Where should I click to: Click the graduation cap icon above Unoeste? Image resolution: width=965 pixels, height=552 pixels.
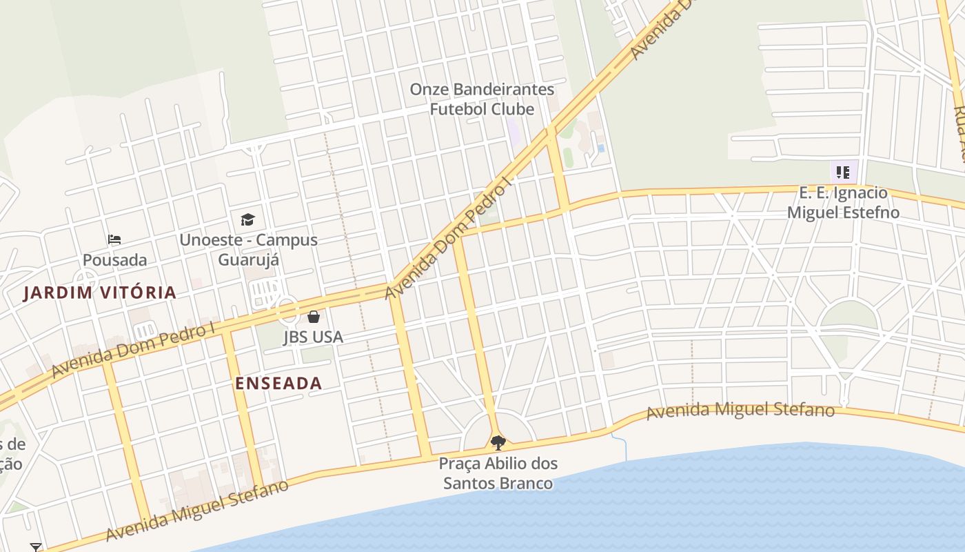pyautogui.click(x=247, y=220)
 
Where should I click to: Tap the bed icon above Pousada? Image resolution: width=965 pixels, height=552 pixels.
pyautogui.click(x=114, y=239)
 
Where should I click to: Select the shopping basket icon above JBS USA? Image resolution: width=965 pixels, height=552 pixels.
pyautogui.click(x=314, y=317)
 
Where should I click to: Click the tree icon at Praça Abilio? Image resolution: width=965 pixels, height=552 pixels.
pyautogui.click(x=498, y=442)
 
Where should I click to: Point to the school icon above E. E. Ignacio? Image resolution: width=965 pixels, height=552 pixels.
pyautogui.click(x=842, y=172)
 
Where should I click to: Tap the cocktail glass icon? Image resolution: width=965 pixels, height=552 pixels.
pyautogui.click(x=36, y=547)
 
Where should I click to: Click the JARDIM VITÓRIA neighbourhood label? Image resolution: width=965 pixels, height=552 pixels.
pyautogui.click(x=100, y=293)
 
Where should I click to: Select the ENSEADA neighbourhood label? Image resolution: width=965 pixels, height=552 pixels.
pyautogui.click(x=278, y=384)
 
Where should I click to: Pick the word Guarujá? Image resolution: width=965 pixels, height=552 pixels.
pyautogui.click(x=249, y=260)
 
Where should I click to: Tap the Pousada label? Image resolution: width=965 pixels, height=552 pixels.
pyautogui.click(x=114, y=260)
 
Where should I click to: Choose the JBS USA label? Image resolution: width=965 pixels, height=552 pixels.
pyautogui.click(x=313, y=337)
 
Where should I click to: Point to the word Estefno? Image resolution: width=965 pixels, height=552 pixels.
pyautogui.click(x=868, y=213)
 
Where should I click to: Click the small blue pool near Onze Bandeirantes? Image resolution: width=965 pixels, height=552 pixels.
pyautogui.click(x=601, y=148)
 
